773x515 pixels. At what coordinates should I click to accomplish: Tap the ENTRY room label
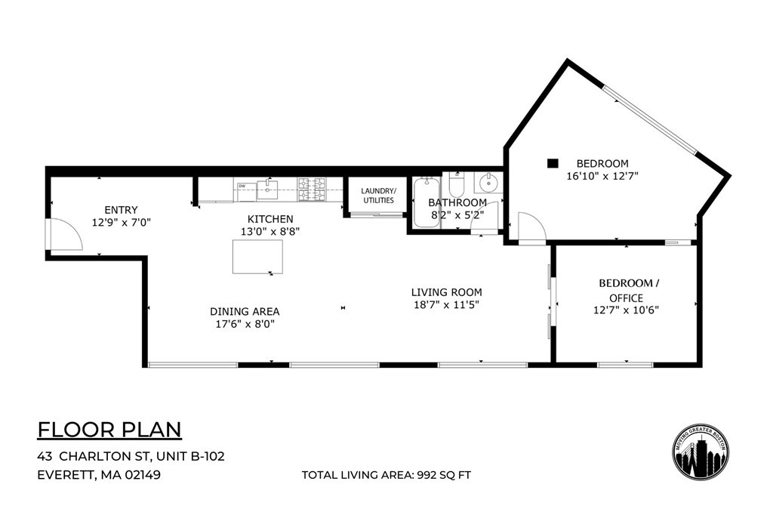pyautogui.click(x=122, y=210)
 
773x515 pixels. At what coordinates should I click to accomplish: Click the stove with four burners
pyautogui.click(x=311, y=189)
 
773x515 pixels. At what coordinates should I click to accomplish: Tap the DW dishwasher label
pyautogui.click(x=243, y=186)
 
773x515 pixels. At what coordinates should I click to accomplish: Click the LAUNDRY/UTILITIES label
pyautogui.click(x=377, y=196)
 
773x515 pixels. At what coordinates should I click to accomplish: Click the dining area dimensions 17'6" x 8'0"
pyautogui.click(x=245, y=324)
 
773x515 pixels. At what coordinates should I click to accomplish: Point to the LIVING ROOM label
pyautogui.click(x=446, y=292)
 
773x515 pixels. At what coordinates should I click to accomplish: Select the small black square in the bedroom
pyautogui.click(x=553, y=162)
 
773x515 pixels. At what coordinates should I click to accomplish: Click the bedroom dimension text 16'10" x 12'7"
pyautogui.click(x=602, y=177)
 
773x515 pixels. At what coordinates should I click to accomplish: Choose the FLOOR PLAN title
pyautogui.click(x=109, y=430)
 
